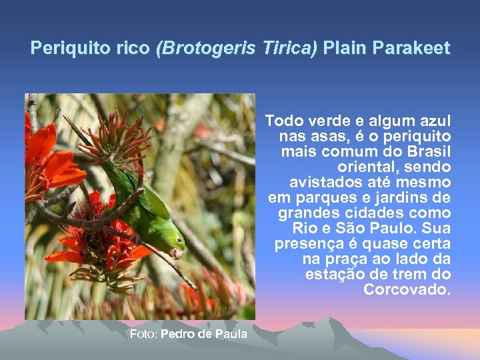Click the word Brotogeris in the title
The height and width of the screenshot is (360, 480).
point(193,49)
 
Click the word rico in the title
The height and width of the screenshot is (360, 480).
point(133,49)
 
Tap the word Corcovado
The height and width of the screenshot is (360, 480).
point(407,290)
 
